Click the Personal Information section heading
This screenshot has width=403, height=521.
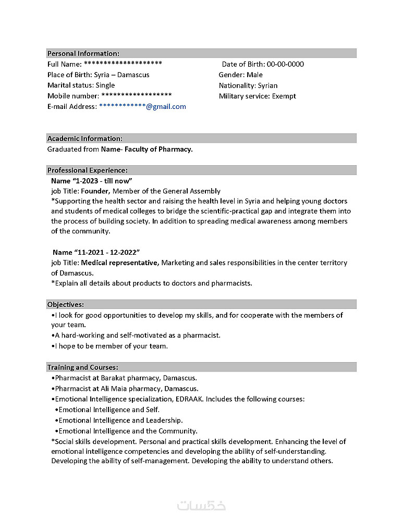(x=83, y=54)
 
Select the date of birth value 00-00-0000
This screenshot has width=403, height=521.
(x=285, y=64)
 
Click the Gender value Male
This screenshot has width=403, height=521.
(x=254, y=75)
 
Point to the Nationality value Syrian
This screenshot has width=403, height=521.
(x=267, y=85)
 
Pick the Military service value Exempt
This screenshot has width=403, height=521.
(x=284, y=96)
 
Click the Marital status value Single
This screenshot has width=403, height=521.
(x=105, y=85)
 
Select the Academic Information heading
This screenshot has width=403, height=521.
(x=85, y=139)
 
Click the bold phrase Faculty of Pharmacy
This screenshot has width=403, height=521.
(x=158, y=150)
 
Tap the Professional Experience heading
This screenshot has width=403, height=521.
(x=88, y=170)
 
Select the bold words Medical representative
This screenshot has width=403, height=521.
(x=119, y=263)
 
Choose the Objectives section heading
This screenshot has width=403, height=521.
(x=66, y=305)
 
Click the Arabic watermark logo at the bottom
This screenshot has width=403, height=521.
(x=201, y=505)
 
